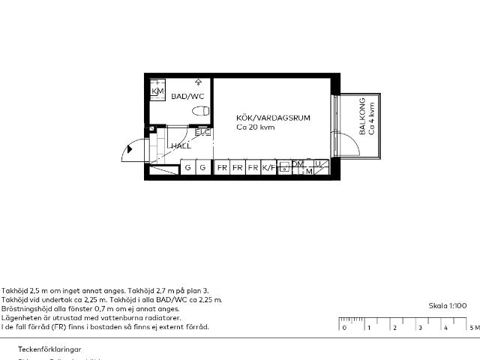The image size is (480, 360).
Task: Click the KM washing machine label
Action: point(157,91)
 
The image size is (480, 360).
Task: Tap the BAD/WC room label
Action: point(187,97)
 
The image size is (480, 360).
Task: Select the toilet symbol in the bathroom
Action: point(200,111)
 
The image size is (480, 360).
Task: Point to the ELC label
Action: point(202,132)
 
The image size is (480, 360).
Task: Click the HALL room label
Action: point(181,146)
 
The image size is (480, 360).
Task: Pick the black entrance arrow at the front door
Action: point(130,149)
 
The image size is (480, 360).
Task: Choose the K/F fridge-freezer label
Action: point(268,168)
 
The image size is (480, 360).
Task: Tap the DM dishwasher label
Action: point(298,164)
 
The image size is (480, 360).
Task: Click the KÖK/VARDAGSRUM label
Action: point(273,118)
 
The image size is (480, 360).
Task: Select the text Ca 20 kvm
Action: point(256,127)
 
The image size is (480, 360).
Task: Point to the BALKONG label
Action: point(362,116)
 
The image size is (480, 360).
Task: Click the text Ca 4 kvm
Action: point(371,118)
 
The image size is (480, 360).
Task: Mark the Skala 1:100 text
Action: point(448,306)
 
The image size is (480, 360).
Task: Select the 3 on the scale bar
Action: point(420,328)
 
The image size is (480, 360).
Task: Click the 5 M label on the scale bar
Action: point(473,328)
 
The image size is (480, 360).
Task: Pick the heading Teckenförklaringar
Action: point(49,349)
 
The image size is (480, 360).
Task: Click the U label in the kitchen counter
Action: point(318,163)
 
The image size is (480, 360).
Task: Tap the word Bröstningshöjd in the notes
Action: point(23,308)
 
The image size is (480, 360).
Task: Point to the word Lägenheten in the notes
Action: point(20,317)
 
